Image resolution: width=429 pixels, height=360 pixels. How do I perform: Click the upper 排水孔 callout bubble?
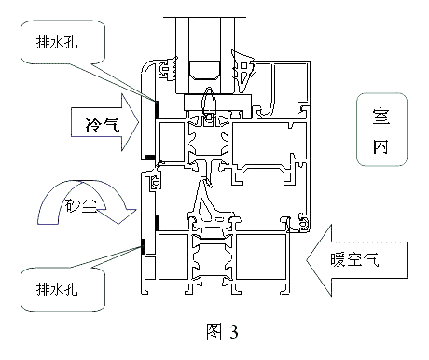coord(62,42)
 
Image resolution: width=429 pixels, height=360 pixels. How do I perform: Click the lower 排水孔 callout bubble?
coord(62,289)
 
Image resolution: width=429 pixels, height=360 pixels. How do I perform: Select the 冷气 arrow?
coord(105,122)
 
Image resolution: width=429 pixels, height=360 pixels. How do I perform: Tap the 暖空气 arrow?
coord(357,260)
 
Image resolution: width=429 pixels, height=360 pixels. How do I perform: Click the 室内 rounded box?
coord(381,130)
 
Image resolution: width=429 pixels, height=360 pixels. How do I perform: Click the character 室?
coord(381,117)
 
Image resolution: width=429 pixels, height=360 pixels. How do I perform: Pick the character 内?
coord(381,145)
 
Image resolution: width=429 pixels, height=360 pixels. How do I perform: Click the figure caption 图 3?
coord(223,331)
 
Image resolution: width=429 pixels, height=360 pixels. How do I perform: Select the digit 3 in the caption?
coord(234,332)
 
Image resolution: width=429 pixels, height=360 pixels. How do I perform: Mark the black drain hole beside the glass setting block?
coord(157,109)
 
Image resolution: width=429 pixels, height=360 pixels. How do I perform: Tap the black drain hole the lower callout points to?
coord(143,246)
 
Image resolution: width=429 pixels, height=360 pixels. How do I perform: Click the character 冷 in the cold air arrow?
coord(93,125)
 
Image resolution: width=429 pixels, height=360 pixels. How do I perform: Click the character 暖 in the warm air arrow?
coord(338,259)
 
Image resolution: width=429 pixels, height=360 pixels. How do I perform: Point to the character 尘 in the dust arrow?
coord(90,205)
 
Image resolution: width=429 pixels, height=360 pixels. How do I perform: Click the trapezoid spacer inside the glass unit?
coord(205,70)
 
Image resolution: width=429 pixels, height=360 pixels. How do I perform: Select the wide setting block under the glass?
coord(217,103)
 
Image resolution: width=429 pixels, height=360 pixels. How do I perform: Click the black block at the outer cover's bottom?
coord(149,158)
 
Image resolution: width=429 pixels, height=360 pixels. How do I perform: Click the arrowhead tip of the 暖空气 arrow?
coord(307,260)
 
